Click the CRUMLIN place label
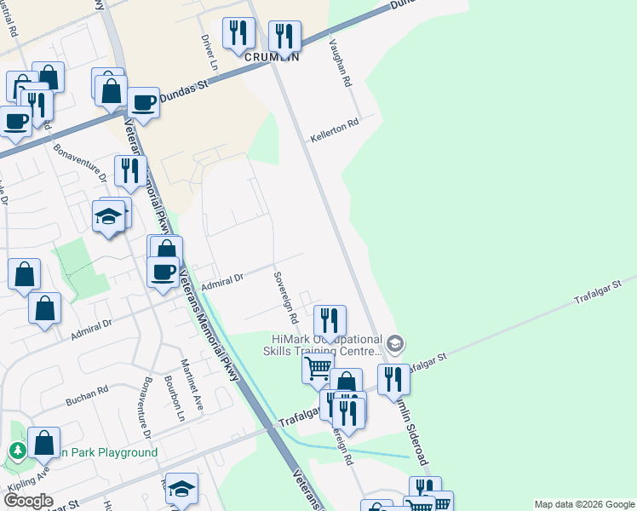tap(272, 57)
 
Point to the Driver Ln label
tap(208, 52)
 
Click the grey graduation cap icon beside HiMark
tap(394, 344)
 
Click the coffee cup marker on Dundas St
tap(143, 103)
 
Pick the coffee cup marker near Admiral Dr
tap(163, 272)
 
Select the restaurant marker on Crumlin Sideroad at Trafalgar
tap(393, 377)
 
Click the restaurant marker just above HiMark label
tap(329, 320)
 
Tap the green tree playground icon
tap(16, 451)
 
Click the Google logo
tap(28, 501)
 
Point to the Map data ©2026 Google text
tap(583, 504)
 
